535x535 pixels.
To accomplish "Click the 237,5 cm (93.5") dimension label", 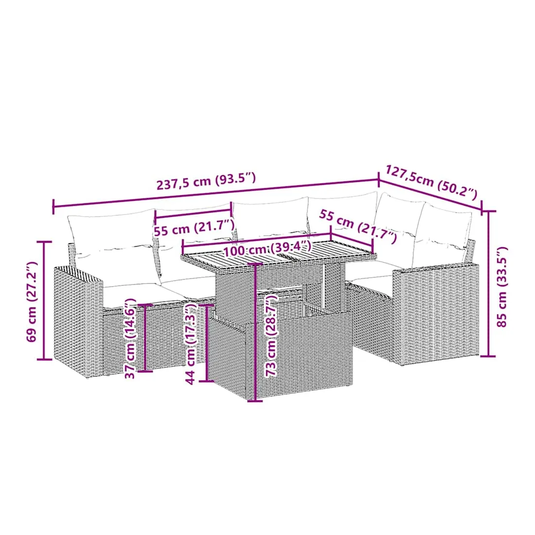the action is click(206, 181).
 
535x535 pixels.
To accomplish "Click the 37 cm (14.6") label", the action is click(131, 339).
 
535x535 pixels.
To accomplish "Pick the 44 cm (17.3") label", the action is click(191, 343).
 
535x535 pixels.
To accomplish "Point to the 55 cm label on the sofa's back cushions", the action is click(195, 228).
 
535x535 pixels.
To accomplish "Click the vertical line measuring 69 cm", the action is click(44, 300).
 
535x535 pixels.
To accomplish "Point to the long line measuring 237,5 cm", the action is click(215, 193).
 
